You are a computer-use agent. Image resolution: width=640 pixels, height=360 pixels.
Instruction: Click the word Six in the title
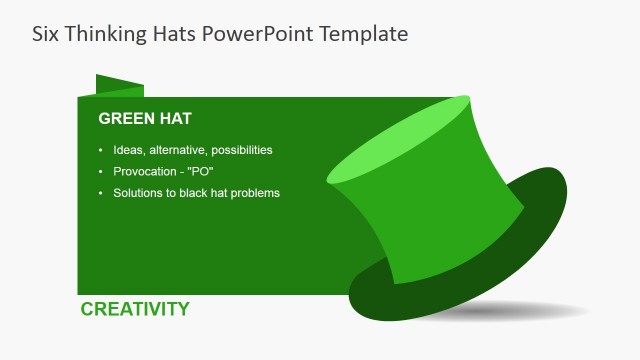pyautogui.click(x=47, y=33)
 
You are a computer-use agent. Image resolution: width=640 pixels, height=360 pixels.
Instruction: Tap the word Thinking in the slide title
pyautogui.click(x=109, y=33)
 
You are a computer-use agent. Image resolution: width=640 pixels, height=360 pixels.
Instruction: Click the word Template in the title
pyautogui.click(x=364, y=34)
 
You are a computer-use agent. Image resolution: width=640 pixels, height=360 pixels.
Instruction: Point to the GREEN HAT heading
pyautogui.click(x=145, y=119)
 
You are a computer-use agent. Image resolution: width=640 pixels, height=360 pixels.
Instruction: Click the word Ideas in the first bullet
pyautogui.click(x=128, y=150)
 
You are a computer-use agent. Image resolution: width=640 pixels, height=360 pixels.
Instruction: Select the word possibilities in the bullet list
pyautogui.click(x=237, y=150)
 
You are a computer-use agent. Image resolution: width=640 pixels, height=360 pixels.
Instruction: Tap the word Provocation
pyautogui.click(x=146, y=171)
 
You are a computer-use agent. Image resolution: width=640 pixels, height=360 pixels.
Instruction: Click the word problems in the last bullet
pyautogui.click(x=254, y=192)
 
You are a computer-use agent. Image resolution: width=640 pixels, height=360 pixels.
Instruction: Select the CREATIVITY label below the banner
pyautogui.click(x=135, y=309)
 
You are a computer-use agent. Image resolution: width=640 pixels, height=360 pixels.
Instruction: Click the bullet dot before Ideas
pyautogui.click(x=100, y=150)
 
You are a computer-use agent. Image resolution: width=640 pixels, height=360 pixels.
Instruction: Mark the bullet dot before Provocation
pyautogui.click(x=100, y=171)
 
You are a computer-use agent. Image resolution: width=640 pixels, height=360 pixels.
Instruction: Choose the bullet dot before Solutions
pyautogui.click(x=100, y=192)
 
